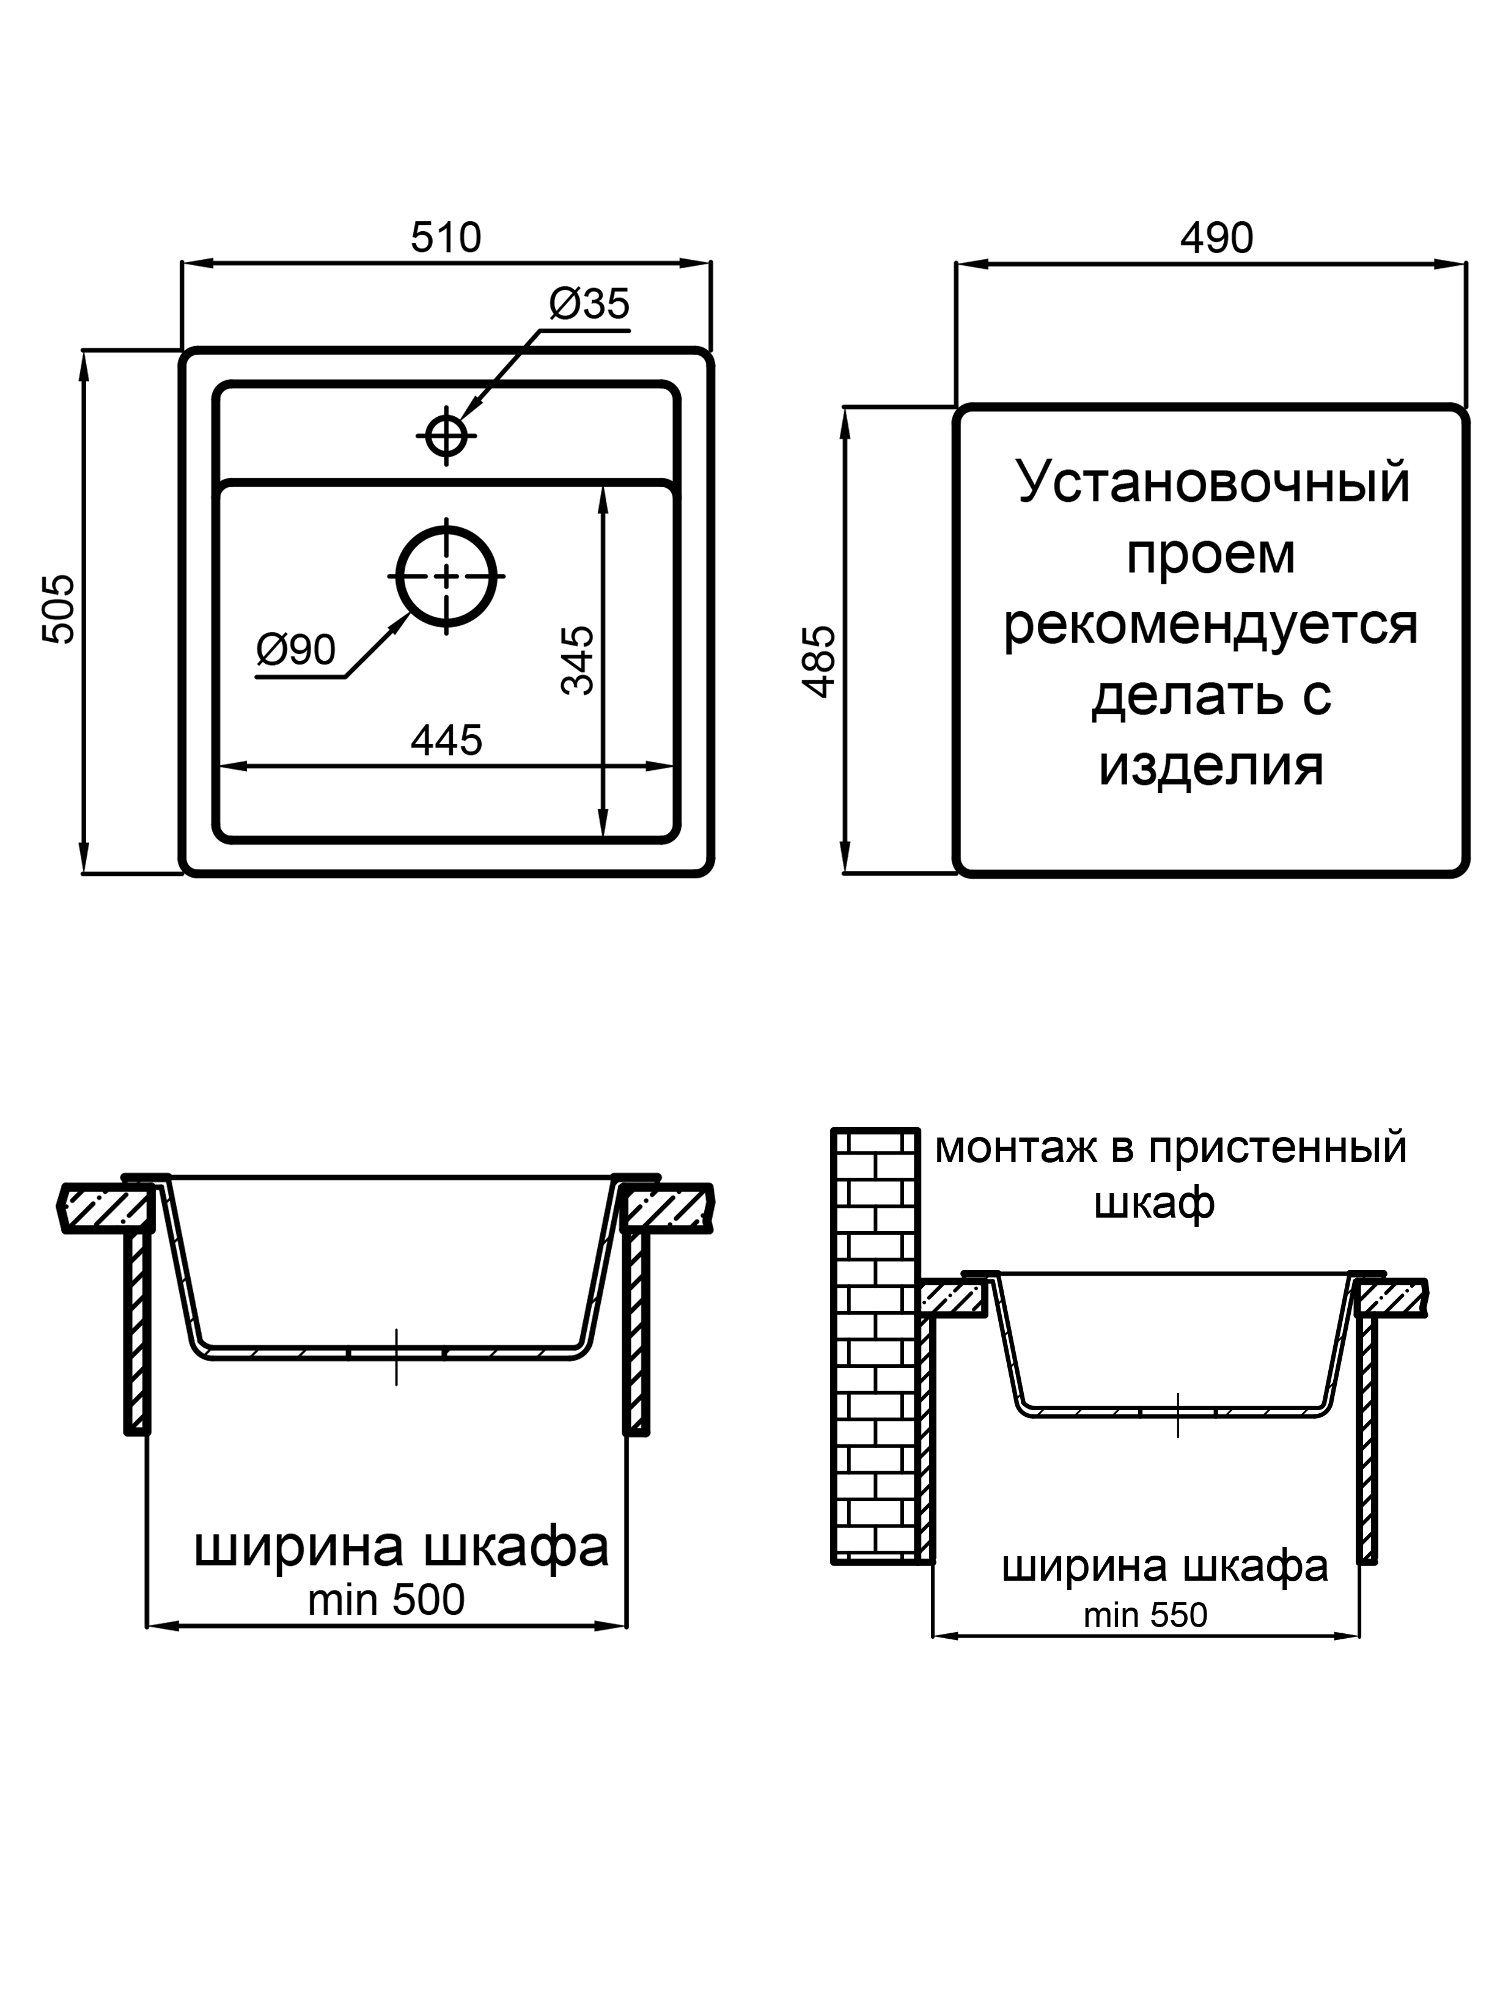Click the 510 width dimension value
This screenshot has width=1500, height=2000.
pos(446,238)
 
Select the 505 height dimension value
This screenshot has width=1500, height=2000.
pos(61,609)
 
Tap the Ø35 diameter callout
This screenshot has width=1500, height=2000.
pos(589,304)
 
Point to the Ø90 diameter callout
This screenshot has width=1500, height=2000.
pos(296,649)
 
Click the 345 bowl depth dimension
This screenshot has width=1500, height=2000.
pos(578,660)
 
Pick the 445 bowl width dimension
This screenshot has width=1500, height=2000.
pos(447,740)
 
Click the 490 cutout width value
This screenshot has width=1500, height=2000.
pos(1216,238)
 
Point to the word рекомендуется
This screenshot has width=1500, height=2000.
pos(1211,624)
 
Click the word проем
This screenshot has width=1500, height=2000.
pos(1211,554)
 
